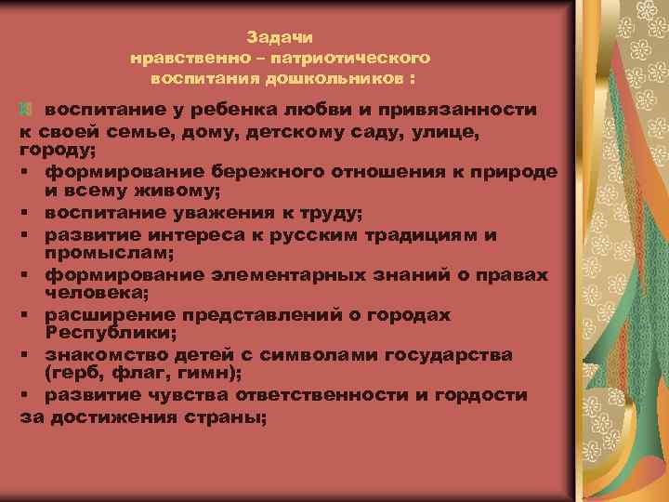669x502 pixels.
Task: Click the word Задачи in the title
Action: point(281,37)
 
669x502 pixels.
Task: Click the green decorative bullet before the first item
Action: point(27,110)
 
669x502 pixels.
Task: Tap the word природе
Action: point(507,172)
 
